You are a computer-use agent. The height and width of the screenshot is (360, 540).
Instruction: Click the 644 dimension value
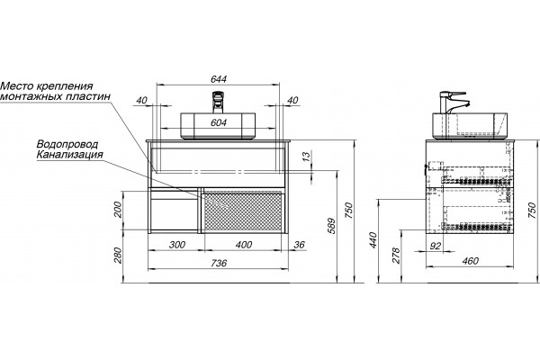pos(219,79)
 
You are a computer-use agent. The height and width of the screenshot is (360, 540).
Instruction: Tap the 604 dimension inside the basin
pos(219,122)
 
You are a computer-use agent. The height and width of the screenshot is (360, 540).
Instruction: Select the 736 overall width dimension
pos(219,263)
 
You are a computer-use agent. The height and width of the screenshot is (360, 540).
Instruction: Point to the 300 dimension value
pos(177,245)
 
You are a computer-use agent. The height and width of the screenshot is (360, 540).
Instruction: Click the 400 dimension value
pos(244,245)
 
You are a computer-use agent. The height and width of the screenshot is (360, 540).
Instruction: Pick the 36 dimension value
pos(300,245)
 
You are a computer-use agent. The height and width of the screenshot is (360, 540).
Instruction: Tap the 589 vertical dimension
pos(331,226)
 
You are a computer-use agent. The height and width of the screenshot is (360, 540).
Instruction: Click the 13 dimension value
pos(306,157)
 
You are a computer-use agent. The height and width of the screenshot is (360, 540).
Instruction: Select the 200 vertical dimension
pos(118,210)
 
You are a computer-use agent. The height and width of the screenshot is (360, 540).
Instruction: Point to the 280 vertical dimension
pos(118,256)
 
